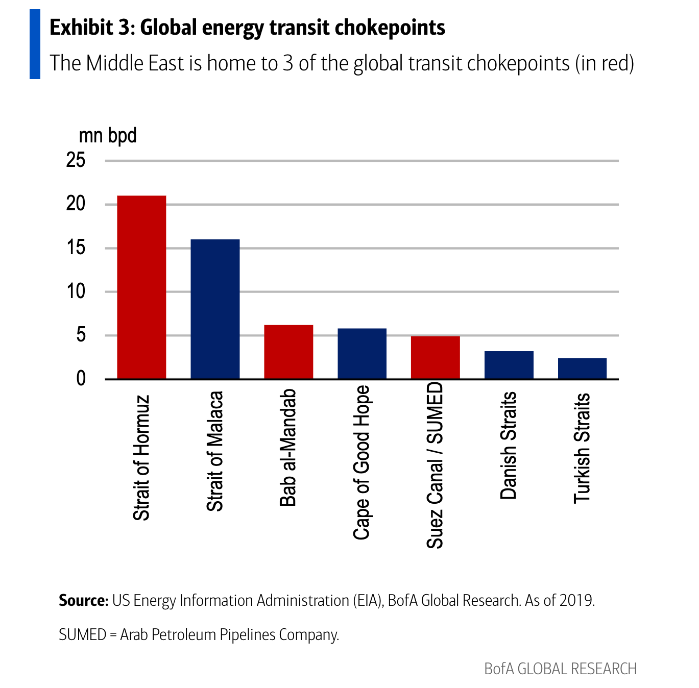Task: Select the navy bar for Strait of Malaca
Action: [x=215, y=309]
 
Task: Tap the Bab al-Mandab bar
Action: [x=288, y=352]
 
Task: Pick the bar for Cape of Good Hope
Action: [x=362, y=354]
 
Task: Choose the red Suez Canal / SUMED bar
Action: [x=435, y=358]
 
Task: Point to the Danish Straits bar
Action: [x=509, y=365]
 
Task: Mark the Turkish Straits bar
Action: [x=582, y=369]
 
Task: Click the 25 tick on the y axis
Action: [x=76, y=160]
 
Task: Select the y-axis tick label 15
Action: [x=76, y=248]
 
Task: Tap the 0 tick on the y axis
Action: [x=81, y=379]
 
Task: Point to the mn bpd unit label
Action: [x=108, y=136]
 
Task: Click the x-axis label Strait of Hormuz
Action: [x=141, y=458]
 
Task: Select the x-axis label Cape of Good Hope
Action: [x=361, y=462]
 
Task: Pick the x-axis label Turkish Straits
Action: [x=582, y=448]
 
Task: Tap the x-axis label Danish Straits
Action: [x=509, y=446]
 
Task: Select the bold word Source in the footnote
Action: [x=83, y=600]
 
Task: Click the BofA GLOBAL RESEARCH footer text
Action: [x=560, y=669]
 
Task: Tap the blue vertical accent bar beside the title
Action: [x=35, y=44]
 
